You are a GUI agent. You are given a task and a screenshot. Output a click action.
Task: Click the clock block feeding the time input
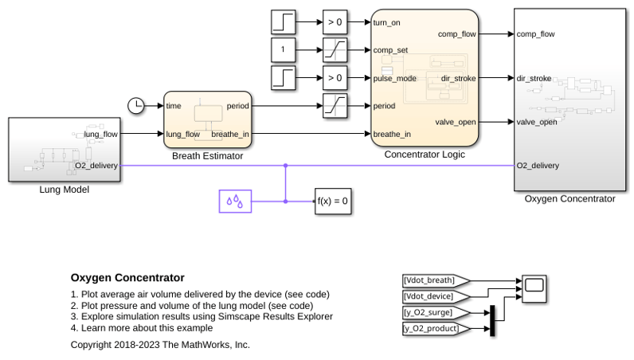(x=136, y=106)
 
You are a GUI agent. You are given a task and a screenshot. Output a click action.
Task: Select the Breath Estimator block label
(x=207, y=156)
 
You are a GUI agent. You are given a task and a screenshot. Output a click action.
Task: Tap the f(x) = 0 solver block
(x=333, y=201)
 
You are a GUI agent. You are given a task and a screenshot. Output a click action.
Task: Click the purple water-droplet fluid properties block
(x=235, y=201)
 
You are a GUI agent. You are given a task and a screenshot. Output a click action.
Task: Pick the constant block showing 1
(x=283, y=49)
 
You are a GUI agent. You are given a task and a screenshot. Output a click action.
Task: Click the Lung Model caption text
(x=65, y=190)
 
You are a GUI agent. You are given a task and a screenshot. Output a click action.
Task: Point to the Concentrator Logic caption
(x=425, y=154)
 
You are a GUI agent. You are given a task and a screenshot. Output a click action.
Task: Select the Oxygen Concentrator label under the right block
(x=569, y=198)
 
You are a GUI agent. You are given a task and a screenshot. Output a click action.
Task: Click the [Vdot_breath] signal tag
(x=436, y=280)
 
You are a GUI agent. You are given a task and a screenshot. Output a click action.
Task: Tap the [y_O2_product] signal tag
(x=436, y=328)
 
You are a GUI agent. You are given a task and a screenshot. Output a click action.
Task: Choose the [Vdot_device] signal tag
(x=436, y=296)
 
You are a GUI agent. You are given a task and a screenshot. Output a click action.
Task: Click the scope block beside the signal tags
(x=534, y=288)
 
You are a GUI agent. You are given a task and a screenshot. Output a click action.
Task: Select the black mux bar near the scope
(x=492, y=320)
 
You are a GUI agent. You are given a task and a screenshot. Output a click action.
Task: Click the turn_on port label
(x=386, y=22)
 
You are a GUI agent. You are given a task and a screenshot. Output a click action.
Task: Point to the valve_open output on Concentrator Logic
(x=456, y=122)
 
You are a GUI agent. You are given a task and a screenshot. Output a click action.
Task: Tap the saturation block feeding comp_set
(x=335, y=49)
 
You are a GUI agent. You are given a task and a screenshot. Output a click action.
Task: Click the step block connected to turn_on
(x=283, y=22)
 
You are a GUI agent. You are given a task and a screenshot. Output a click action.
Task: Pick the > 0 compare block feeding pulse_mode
(x=335, y=78)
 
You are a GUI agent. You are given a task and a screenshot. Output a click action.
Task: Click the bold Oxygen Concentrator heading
(x=127, y=277)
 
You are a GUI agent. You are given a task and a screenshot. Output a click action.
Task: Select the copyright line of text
(x=160, y=345)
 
